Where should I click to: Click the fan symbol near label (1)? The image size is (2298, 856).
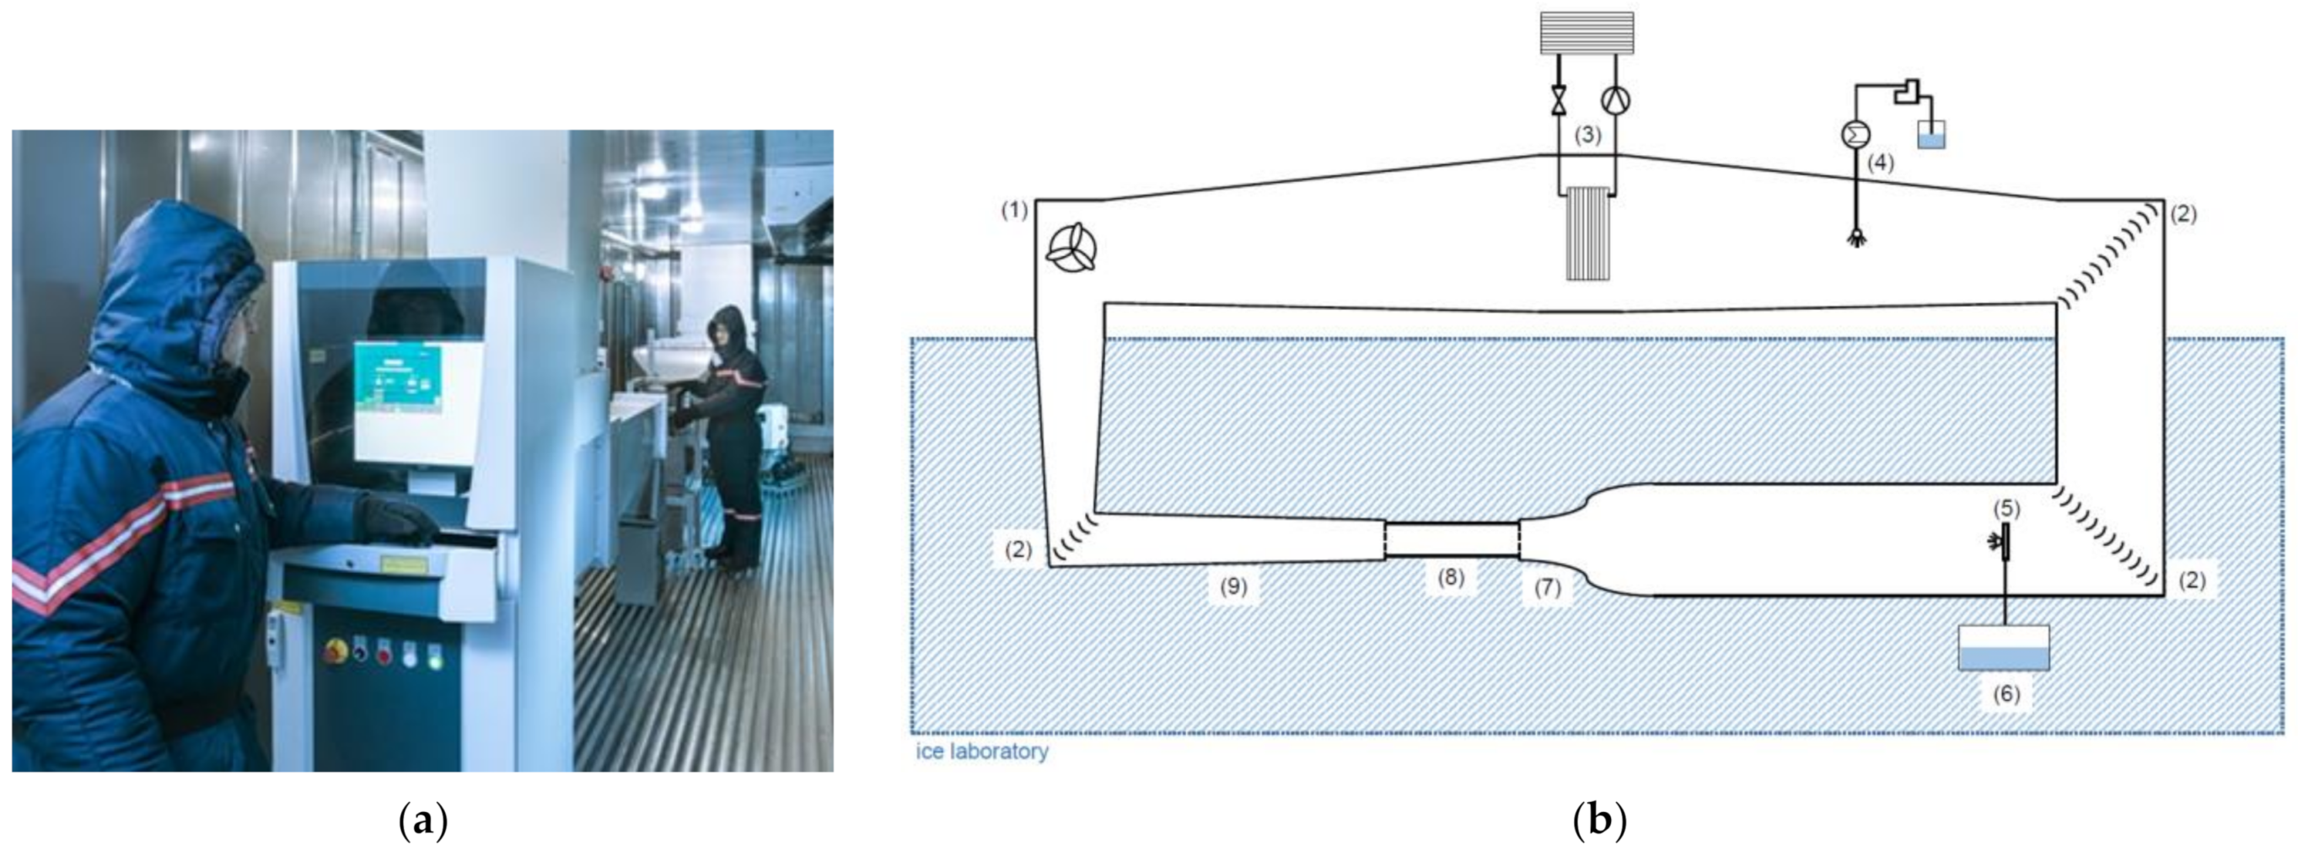[1071, 248]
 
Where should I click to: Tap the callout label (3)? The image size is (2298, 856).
[1587, 136]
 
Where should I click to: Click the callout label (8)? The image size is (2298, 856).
[1451, 577]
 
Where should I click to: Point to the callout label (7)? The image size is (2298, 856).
[1548, 588]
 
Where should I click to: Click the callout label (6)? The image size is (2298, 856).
[2006, 693]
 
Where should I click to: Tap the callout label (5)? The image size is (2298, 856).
[2006, 508]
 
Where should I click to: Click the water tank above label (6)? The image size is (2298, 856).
[2004, 647]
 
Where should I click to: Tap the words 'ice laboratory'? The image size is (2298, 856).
[982, 751]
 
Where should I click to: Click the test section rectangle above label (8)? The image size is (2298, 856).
[1452, 539]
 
